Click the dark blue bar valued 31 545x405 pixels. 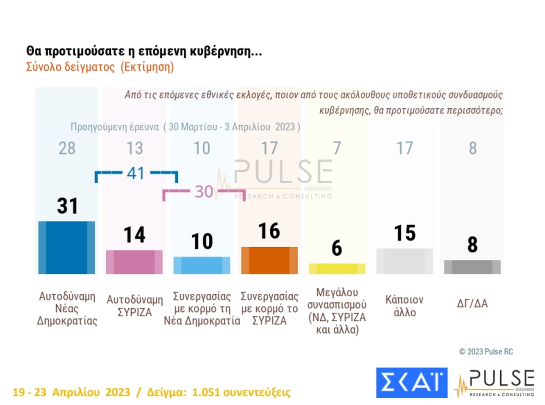pos(66,247)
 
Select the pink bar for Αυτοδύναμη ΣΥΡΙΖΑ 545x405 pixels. pos(134,262)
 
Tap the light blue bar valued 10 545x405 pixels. pos(202,265)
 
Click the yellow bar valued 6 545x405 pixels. pos(337,269)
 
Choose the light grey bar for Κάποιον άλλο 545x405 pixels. pos(404,261)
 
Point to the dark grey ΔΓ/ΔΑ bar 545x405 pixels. pos(472,267)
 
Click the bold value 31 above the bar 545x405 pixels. pos(68,206)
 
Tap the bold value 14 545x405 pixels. pos(134,235)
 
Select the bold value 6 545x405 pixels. pos(337,248)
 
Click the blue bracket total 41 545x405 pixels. pos(135,173)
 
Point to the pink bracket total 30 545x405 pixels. pos(204,191)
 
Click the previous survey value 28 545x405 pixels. pos(67,148)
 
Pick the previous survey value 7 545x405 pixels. pos(337,148)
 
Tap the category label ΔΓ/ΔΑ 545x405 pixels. pos(472,303)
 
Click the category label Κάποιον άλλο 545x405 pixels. pos(404,306)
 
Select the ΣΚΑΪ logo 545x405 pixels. pos(411,383)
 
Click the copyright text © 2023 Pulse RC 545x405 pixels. pos(486,352)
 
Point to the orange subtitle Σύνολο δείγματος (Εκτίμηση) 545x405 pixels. pos(100,67)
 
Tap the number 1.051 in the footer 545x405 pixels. pos(206,392)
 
